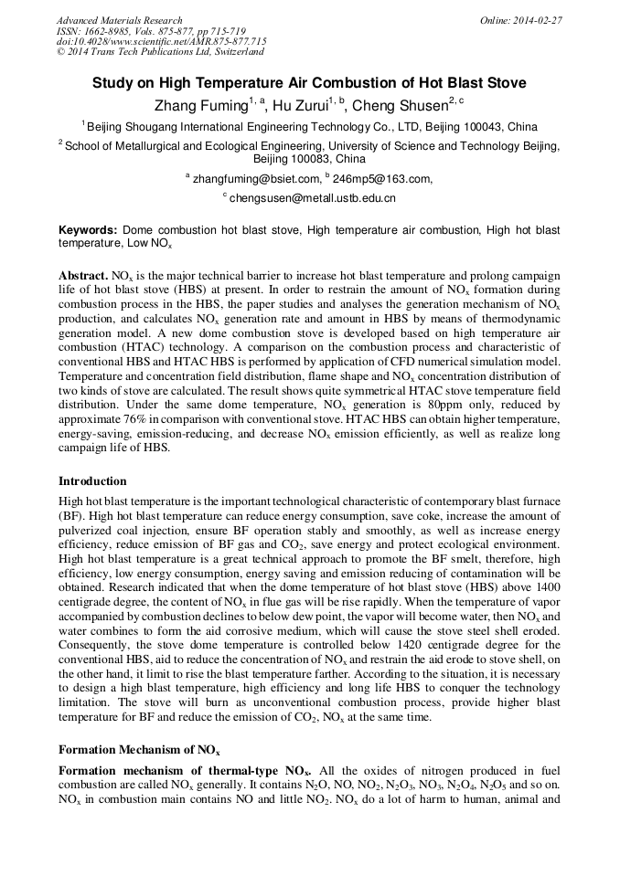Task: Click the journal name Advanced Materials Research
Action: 119,20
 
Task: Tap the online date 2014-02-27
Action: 537,20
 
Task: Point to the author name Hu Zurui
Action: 305,106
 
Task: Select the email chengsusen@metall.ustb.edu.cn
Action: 312,197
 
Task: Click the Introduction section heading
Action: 92,481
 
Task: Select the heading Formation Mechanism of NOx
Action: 138,750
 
